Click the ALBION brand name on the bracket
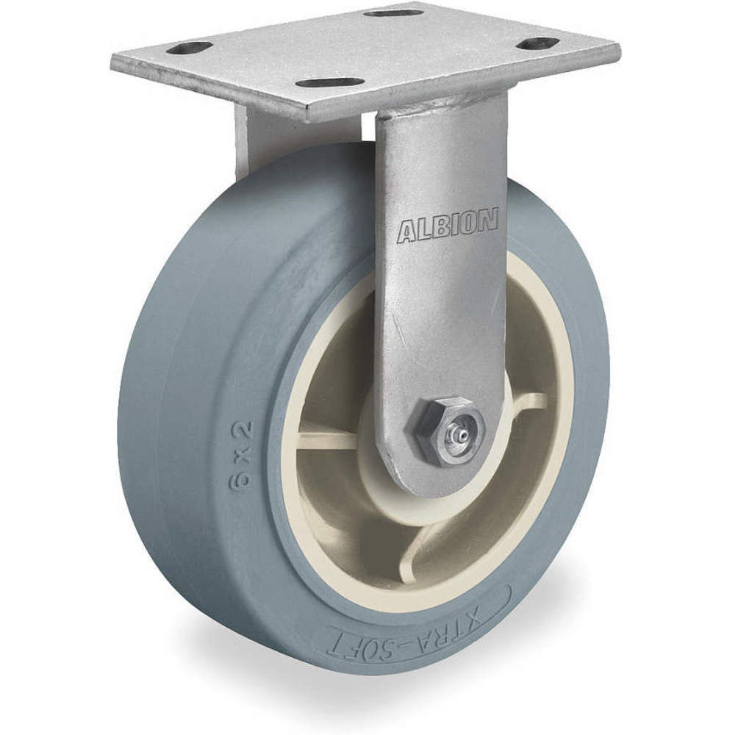click(448, 227)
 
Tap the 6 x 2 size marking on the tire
click(245, 454)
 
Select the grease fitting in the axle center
click(455, 434)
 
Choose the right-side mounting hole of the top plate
click(539, 43)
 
